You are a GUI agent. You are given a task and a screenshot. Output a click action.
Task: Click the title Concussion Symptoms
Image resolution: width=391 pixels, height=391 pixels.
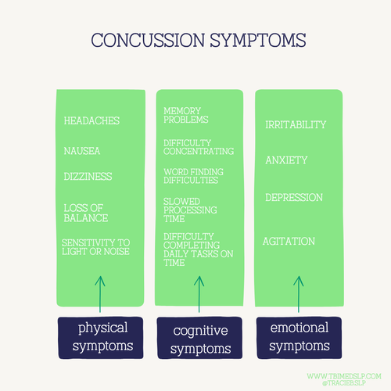195,40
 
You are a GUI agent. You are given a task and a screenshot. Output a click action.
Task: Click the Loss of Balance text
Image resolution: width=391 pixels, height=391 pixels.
87,213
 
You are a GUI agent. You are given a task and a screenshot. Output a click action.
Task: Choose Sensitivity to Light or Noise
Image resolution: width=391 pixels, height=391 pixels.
96,246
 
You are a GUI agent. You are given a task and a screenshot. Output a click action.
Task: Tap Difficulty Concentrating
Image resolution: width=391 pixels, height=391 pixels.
198,147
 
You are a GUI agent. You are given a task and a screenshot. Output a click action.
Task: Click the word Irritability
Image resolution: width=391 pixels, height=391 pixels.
296,125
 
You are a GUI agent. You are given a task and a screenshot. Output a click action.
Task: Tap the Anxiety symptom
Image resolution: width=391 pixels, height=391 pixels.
286,160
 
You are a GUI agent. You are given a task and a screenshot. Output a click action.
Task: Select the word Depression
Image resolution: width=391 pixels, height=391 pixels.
294,197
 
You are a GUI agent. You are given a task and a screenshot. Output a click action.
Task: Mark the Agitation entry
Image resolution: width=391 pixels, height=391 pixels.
289,242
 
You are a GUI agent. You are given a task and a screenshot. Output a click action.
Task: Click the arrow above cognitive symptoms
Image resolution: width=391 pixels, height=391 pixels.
198,293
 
